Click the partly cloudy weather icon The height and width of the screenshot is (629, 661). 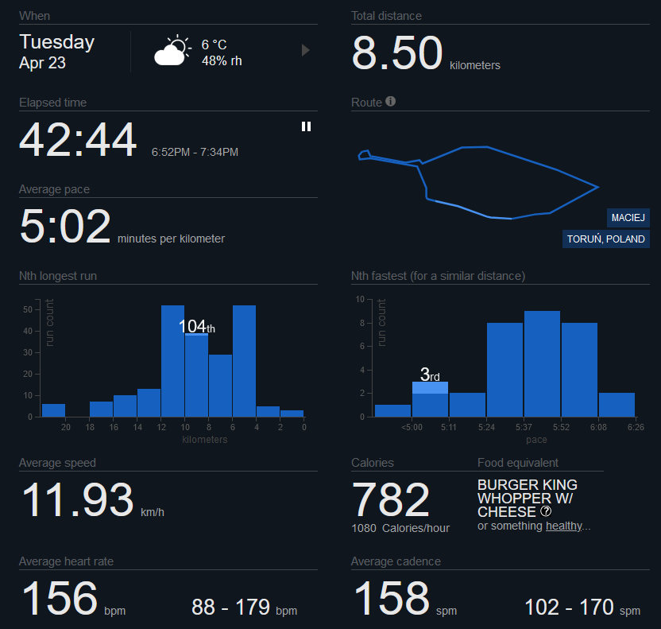173,50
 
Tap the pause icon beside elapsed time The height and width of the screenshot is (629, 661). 306,126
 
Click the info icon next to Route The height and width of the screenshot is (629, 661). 390,101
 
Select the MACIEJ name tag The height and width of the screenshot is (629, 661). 628,218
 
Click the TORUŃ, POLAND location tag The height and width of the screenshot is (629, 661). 605,239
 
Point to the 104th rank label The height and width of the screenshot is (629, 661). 196,326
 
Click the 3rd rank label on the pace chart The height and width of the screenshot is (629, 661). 430,375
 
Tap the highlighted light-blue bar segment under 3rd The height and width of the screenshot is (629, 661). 430,388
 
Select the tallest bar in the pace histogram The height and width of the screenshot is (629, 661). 542,363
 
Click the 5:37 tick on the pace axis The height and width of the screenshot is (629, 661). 524,427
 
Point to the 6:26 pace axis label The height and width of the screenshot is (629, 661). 636,427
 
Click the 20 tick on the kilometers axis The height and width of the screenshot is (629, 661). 66,427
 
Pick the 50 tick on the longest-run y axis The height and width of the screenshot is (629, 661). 28,309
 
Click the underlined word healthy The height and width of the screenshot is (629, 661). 564,526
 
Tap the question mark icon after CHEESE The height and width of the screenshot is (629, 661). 546,511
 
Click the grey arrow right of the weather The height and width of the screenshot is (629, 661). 306,50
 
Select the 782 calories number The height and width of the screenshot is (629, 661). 390,500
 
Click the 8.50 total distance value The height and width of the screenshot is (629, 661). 397,52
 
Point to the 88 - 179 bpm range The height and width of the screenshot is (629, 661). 244,607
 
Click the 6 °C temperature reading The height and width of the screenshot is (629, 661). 215,45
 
